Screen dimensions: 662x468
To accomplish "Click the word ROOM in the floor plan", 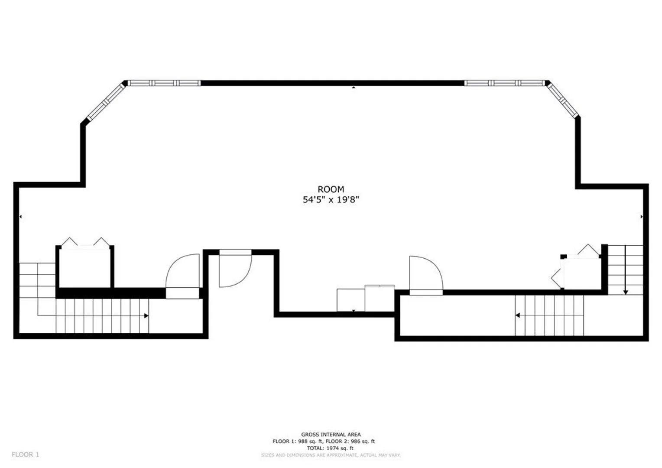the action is (x=331, y=189).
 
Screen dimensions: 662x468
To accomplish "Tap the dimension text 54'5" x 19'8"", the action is (x=331, y=200).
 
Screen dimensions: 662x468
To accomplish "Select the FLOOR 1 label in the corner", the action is (x=26, y=455).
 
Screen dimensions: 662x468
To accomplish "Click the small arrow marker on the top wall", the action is (x=354, y=87).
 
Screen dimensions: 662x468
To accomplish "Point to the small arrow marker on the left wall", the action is (x=20, y=217).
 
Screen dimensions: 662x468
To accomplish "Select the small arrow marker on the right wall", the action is (x=641, y=217).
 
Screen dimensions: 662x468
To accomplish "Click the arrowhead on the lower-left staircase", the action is (x=146, y=316).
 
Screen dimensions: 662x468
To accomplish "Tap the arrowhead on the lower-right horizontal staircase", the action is (x=517, y=315).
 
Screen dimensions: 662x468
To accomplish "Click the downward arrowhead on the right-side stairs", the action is (x=626, y=292).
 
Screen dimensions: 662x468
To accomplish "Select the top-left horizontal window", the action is (x=164, y=83).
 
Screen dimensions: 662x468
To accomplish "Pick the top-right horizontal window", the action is (x=504, y=83).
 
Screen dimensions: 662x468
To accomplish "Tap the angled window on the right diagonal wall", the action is (x=562, y=101).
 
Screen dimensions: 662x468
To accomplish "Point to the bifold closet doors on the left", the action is (x=85, y=241).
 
